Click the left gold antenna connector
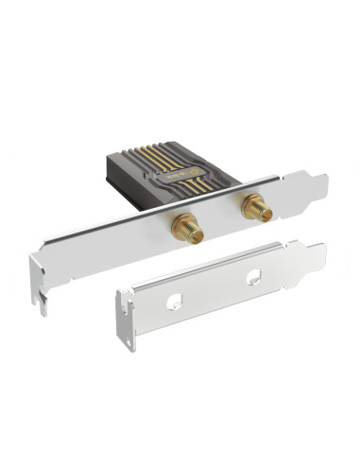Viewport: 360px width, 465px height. pos(182,226)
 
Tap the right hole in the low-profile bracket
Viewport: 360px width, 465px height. pos(253,278)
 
